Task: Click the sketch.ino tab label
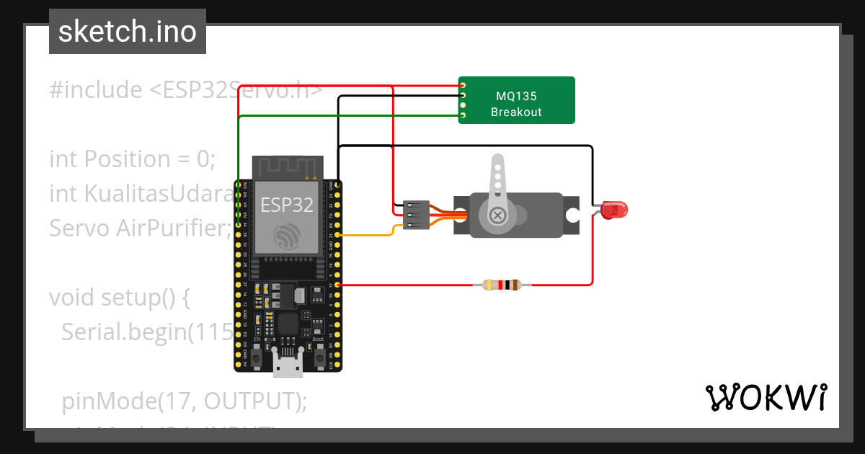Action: (x=127, y=32)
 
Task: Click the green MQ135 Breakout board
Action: (x=516, y=100)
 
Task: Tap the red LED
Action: (x=615, y=210)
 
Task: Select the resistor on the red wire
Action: (x=502, y=285)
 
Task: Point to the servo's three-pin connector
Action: (x=417, y=215)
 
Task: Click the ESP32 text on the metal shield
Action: (x=287, y=205)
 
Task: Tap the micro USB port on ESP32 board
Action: (x=288, y=367)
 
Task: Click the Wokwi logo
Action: (x=766, y=398)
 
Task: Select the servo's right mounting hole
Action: (x=572, y=215)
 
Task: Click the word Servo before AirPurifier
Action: (x=79, y=228)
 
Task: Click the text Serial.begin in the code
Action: (x=127, y=331)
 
